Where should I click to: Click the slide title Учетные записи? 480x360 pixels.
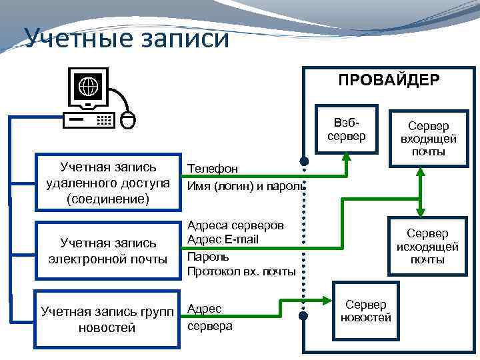(x=127, y=39)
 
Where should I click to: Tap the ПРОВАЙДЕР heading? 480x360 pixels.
(x=388, y=81)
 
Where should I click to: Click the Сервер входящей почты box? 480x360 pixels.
(x=428, y=139)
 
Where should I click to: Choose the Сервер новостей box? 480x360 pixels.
(x=365, y=311)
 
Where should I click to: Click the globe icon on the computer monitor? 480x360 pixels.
(x=88, y=87)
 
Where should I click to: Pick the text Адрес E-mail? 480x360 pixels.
(x=223, y=239)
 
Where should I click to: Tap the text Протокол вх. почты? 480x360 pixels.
(x=241, y=271)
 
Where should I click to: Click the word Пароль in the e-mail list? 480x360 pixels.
(x=208, y=256)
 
